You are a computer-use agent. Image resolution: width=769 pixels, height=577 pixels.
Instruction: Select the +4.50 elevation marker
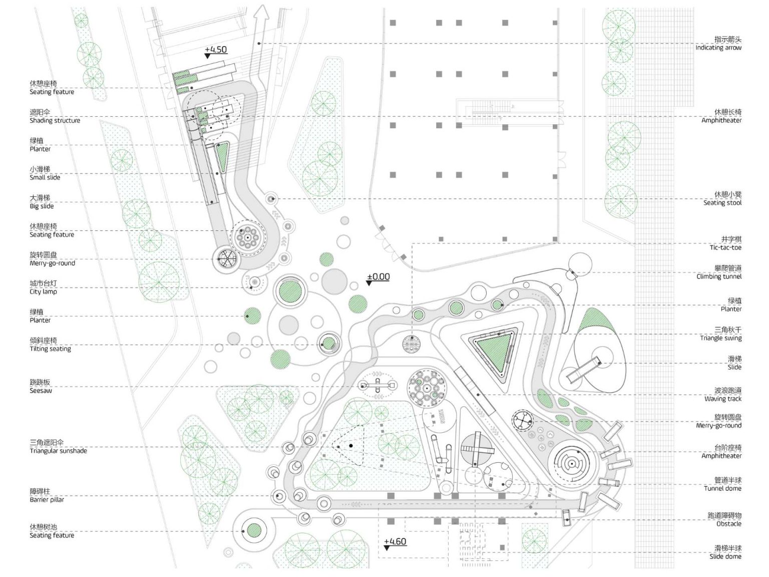click(215, 50)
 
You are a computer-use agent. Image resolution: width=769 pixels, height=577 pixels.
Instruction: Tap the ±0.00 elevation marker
click(378, 277)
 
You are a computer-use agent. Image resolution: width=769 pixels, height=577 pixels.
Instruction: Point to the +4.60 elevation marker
click(395, 542)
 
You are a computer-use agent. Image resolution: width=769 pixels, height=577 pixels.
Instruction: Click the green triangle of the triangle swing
click(493, 351)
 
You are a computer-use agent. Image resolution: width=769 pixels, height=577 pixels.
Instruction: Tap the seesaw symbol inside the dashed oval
click(378, 386)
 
